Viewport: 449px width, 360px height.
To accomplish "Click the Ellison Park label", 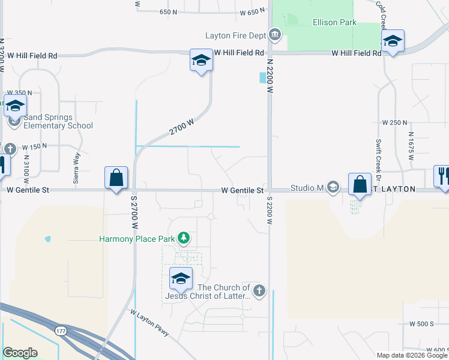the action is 334,23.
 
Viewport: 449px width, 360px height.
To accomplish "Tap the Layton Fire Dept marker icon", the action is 275,35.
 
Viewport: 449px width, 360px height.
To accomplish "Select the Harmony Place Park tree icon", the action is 184,239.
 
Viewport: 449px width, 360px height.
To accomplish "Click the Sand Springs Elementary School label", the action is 58,122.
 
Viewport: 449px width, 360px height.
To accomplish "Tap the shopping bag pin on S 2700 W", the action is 116,178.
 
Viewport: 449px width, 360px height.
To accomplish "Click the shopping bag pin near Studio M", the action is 360,185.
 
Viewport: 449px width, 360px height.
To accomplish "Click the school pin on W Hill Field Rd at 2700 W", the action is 201,60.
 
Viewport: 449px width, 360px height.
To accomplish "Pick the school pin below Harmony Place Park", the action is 181,278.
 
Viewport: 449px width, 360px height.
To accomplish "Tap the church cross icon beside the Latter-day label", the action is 259,292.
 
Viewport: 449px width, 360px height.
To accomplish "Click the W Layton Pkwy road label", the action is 150,322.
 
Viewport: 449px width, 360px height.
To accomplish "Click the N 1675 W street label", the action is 411,146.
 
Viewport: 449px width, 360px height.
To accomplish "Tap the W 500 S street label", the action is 421,323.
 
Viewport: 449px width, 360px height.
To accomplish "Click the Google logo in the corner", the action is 20,353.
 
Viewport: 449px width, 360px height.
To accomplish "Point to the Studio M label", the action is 307,188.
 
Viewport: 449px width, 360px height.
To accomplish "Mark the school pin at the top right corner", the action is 392,41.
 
